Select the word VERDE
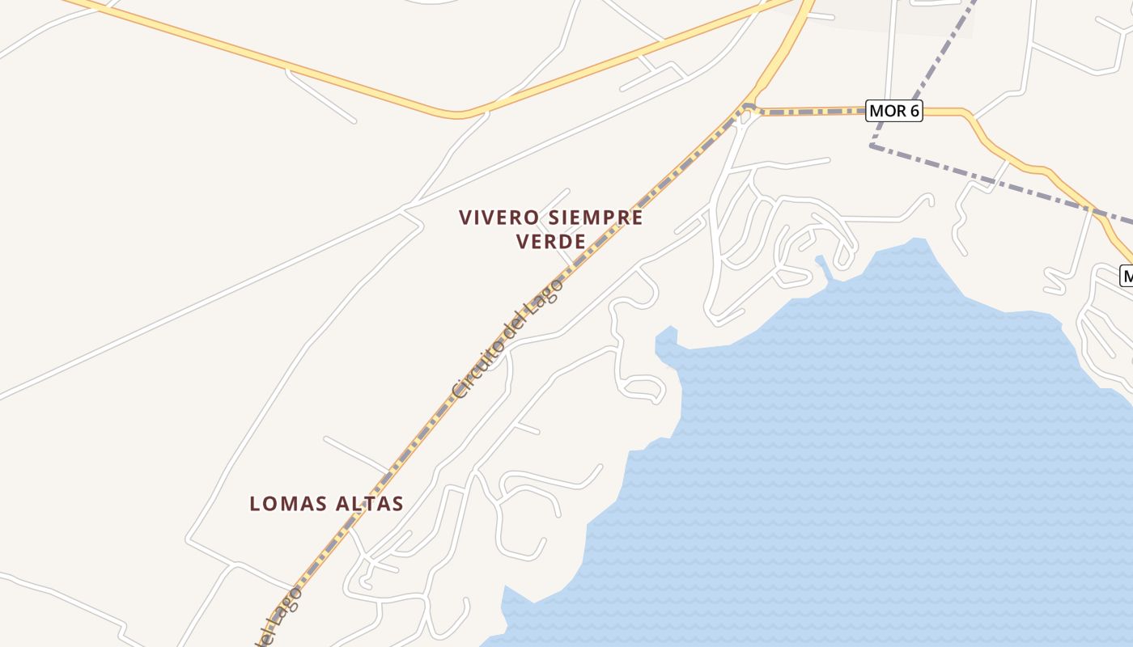(550, 242)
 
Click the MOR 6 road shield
(893, 111)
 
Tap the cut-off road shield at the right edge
(1126, 275)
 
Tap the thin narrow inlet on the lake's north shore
(824, 268)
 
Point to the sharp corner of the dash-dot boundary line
(872, 146)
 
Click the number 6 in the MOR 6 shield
(913, 111)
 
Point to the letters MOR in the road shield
(887, 111)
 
